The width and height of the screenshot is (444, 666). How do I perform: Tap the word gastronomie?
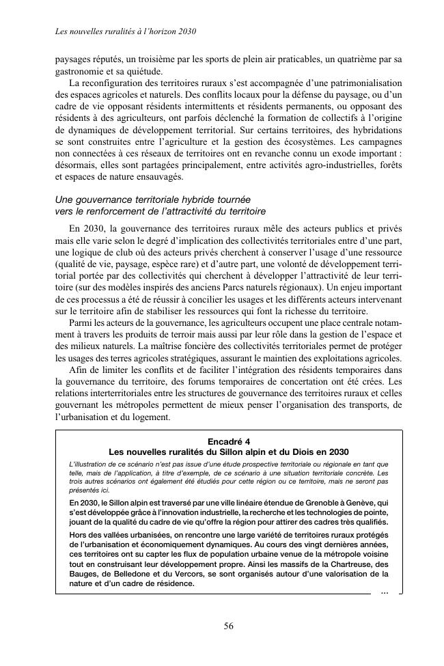pos(80,70)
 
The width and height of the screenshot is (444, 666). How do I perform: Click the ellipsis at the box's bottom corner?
pos(385,592)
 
